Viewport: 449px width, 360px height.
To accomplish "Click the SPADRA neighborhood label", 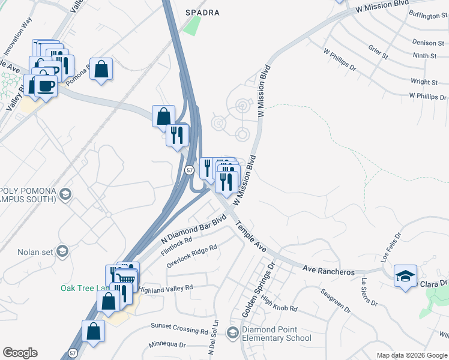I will (x=202, y=13).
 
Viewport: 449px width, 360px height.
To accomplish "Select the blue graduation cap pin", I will (x=406, y=277).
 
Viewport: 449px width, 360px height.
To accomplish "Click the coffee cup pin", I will (x=46, y=86).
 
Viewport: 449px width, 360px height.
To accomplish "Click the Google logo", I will (x=20, y=353).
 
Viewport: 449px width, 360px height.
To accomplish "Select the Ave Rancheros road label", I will (x=328, y=271).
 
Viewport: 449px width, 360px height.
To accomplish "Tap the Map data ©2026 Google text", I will (x=412, y=355).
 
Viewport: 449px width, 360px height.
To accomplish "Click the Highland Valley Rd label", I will (x=165, y=288).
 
